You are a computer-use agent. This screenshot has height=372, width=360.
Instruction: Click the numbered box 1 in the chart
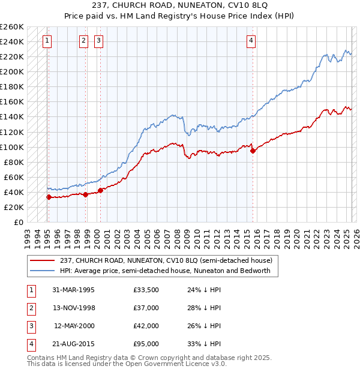(x=47, y=41)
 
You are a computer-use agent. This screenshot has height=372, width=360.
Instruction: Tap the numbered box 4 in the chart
(x=251, y=41)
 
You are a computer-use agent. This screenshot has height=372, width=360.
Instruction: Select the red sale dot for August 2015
(x=253, y=151)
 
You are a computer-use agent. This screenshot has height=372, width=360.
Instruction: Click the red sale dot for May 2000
(x=100, y=190)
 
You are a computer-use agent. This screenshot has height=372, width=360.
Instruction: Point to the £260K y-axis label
(x=12, y=27)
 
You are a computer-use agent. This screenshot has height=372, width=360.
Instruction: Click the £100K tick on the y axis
(x=12, y=147)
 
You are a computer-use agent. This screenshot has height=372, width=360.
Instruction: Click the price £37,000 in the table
(x=146, y=308)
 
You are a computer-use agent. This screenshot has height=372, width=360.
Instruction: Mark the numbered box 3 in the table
(x=31, y=326)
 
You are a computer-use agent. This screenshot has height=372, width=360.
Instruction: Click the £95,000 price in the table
(x=146, y=344)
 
